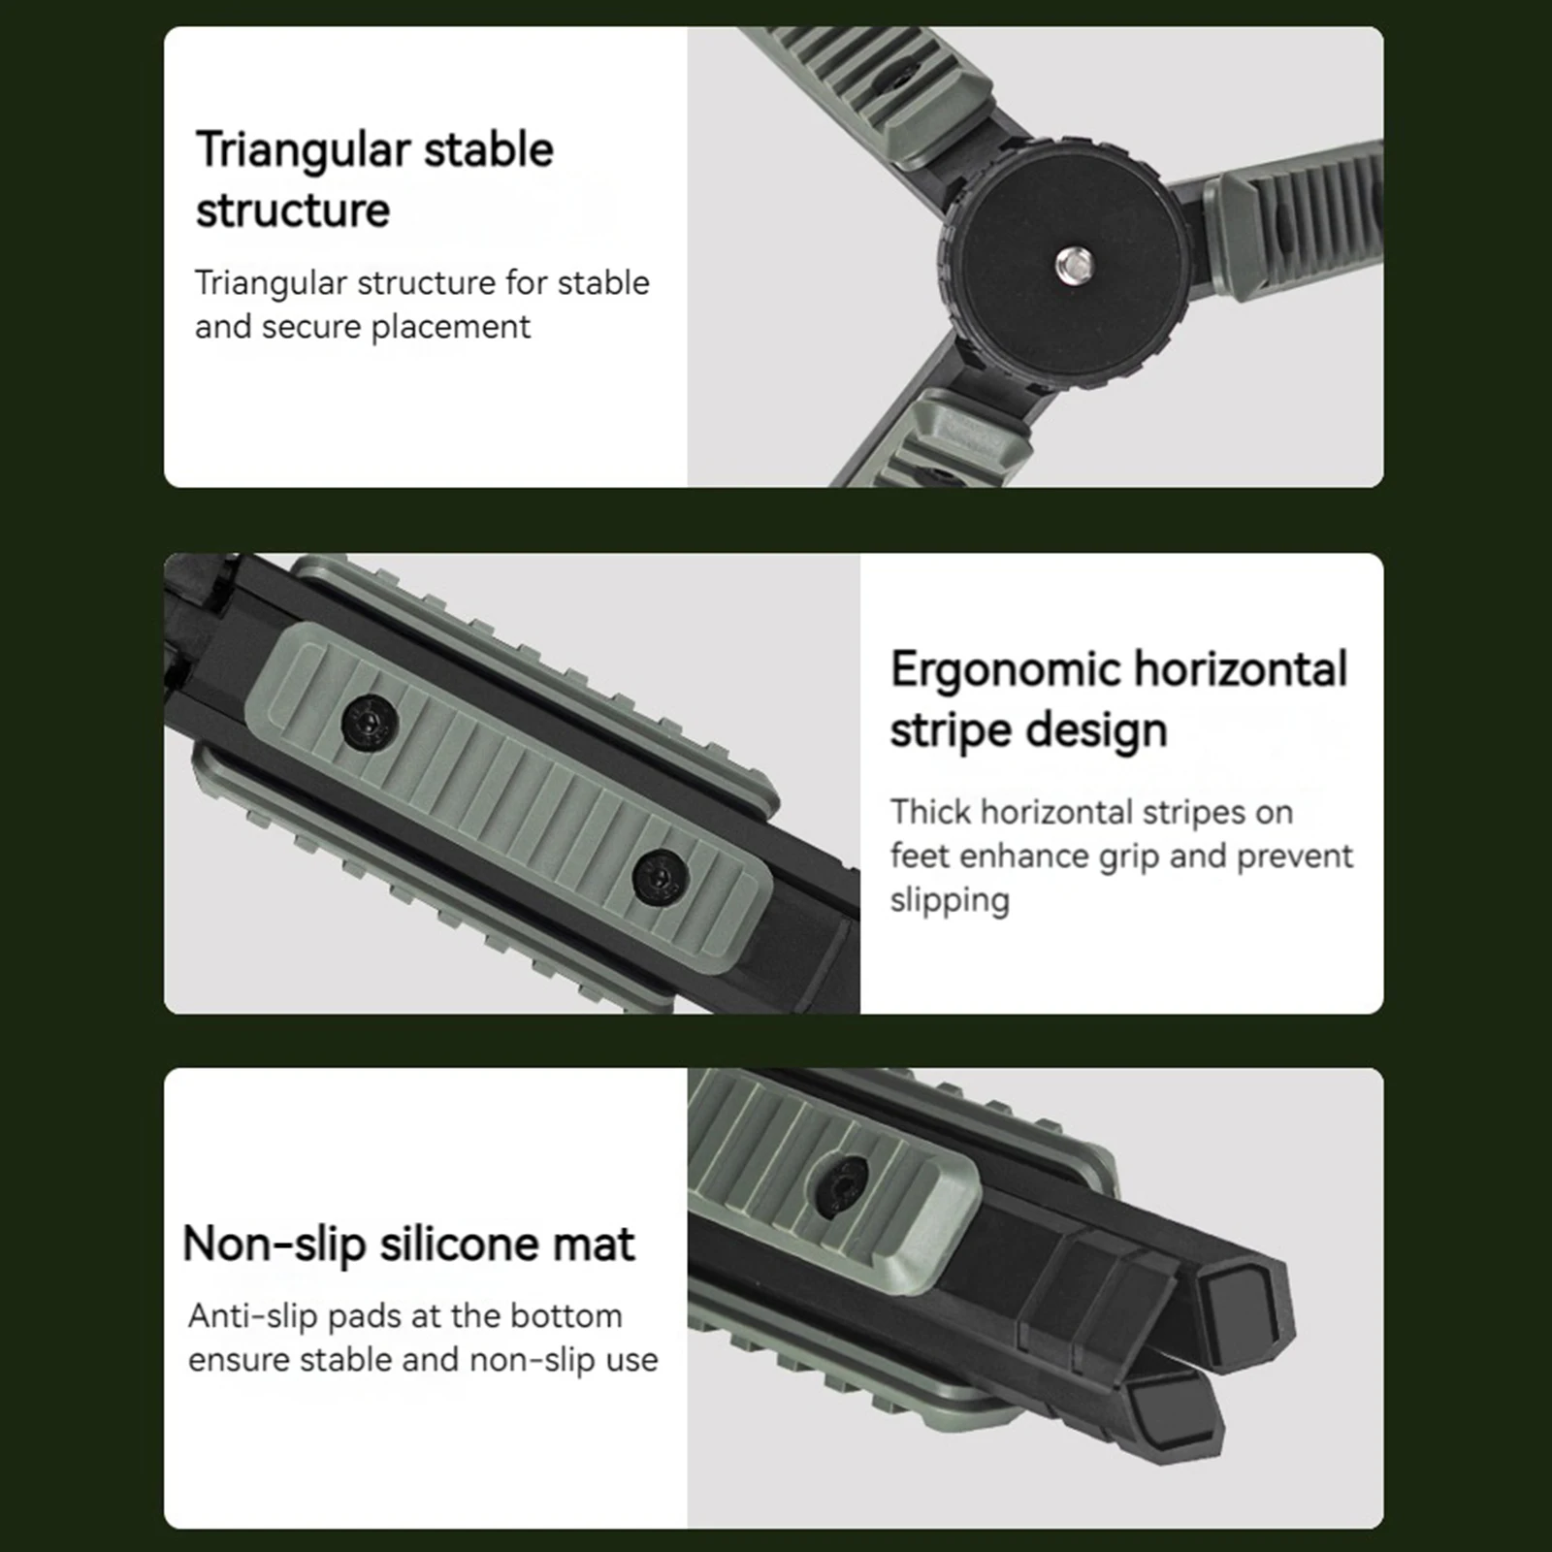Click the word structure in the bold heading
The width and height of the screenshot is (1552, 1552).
click(293, 211)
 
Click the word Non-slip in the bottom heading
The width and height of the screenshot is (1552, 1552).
click(273, 1245)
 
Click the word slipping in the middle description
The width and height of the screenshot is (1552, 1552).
click(950, 900)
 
